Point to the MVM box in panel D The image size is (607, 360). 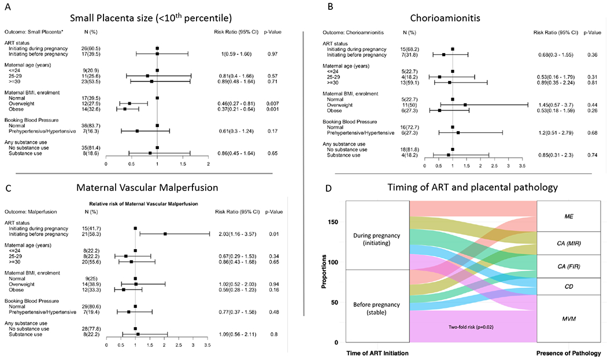(x=569, y=318)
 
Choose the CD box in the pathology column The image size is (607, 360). (x=569, y=286)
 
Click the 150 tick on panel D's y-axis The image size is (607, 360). (x=336, y=222)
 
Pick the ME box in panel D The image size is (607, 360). (x=569, y=216)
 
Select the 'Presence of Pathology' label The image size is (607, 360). (x=569, y=352)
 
